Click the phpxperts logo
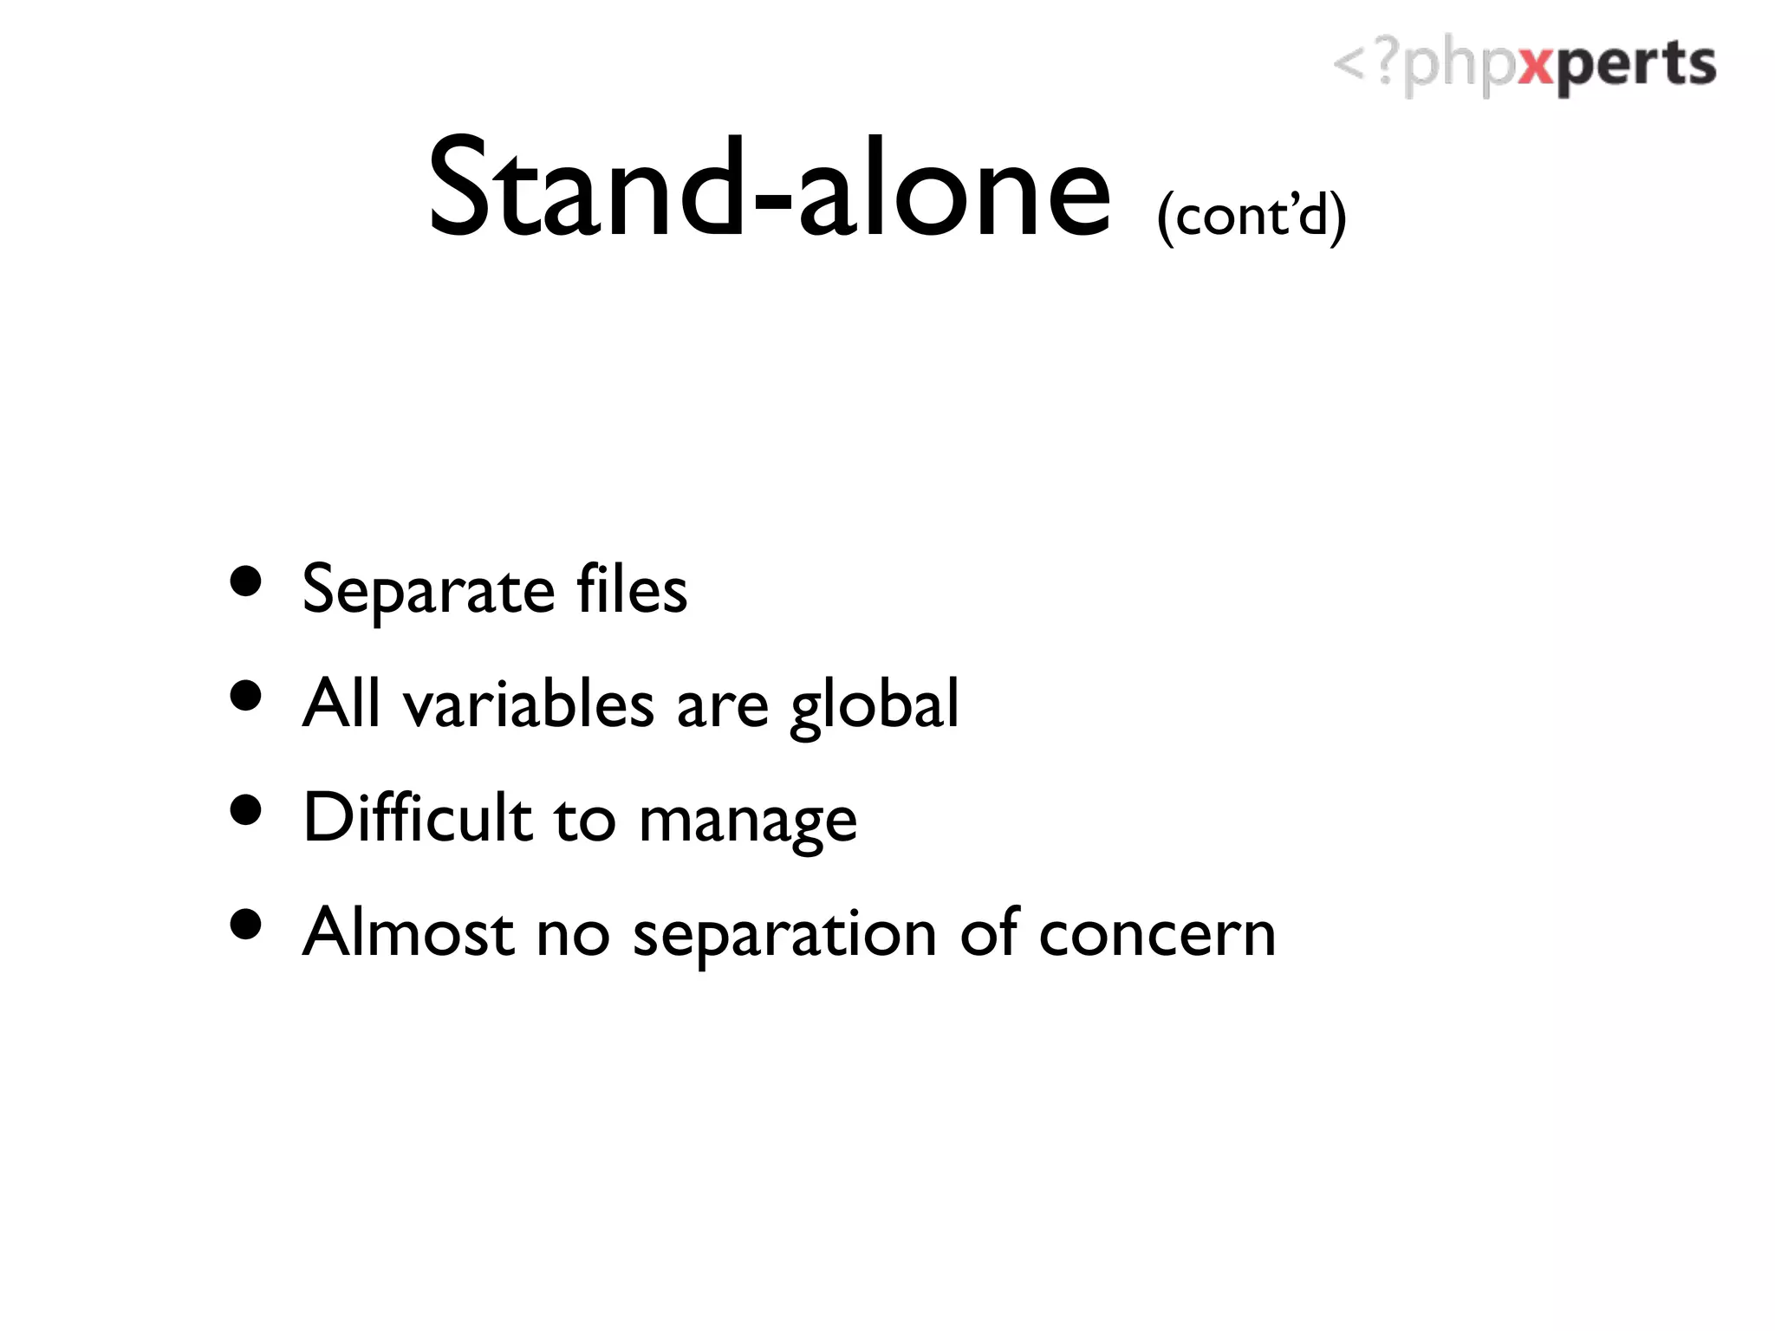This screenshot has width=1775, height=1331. pyautogui.click(x=1524, y=66)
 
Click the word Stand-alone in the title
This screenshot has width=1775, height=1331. pyautogui.click(x=770, y=189)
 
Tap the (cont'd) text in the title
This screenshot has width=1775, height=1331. pyautogui.click(x=1252, y=215)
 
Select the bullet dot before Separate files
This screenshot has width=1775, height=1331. pyautogui.click(x=247, y=581)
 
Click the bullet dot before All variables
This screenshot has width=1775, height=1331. pyautogui.click(x=247, y=696)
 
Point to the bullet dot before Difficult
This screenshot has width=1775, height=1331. pyautogui.click(x=247, y=810)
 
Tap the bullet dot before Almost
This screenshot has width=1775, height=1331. pyautogui.click(x=247, y=924)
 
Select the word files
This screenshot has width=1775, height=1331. pyautogui.click(x=632, y=589)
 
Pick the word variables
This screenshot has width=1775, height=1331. pyautogui.click(x=529, y=704)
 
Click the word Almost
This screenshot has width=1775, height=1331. pyautogui.click(x=408, y=932)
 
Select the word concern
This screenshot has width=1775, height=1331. pyautogui.click(x=1157, y=934)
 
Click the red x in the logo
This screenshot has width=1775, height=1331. pyautogui.click(x=1537, y=66)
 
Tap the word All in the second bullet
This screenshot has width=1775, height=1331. pyautogui.click(x=341, y=702)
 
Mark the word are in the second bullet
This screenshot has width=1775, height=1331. pyautogui.click(x=722, y=706)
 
